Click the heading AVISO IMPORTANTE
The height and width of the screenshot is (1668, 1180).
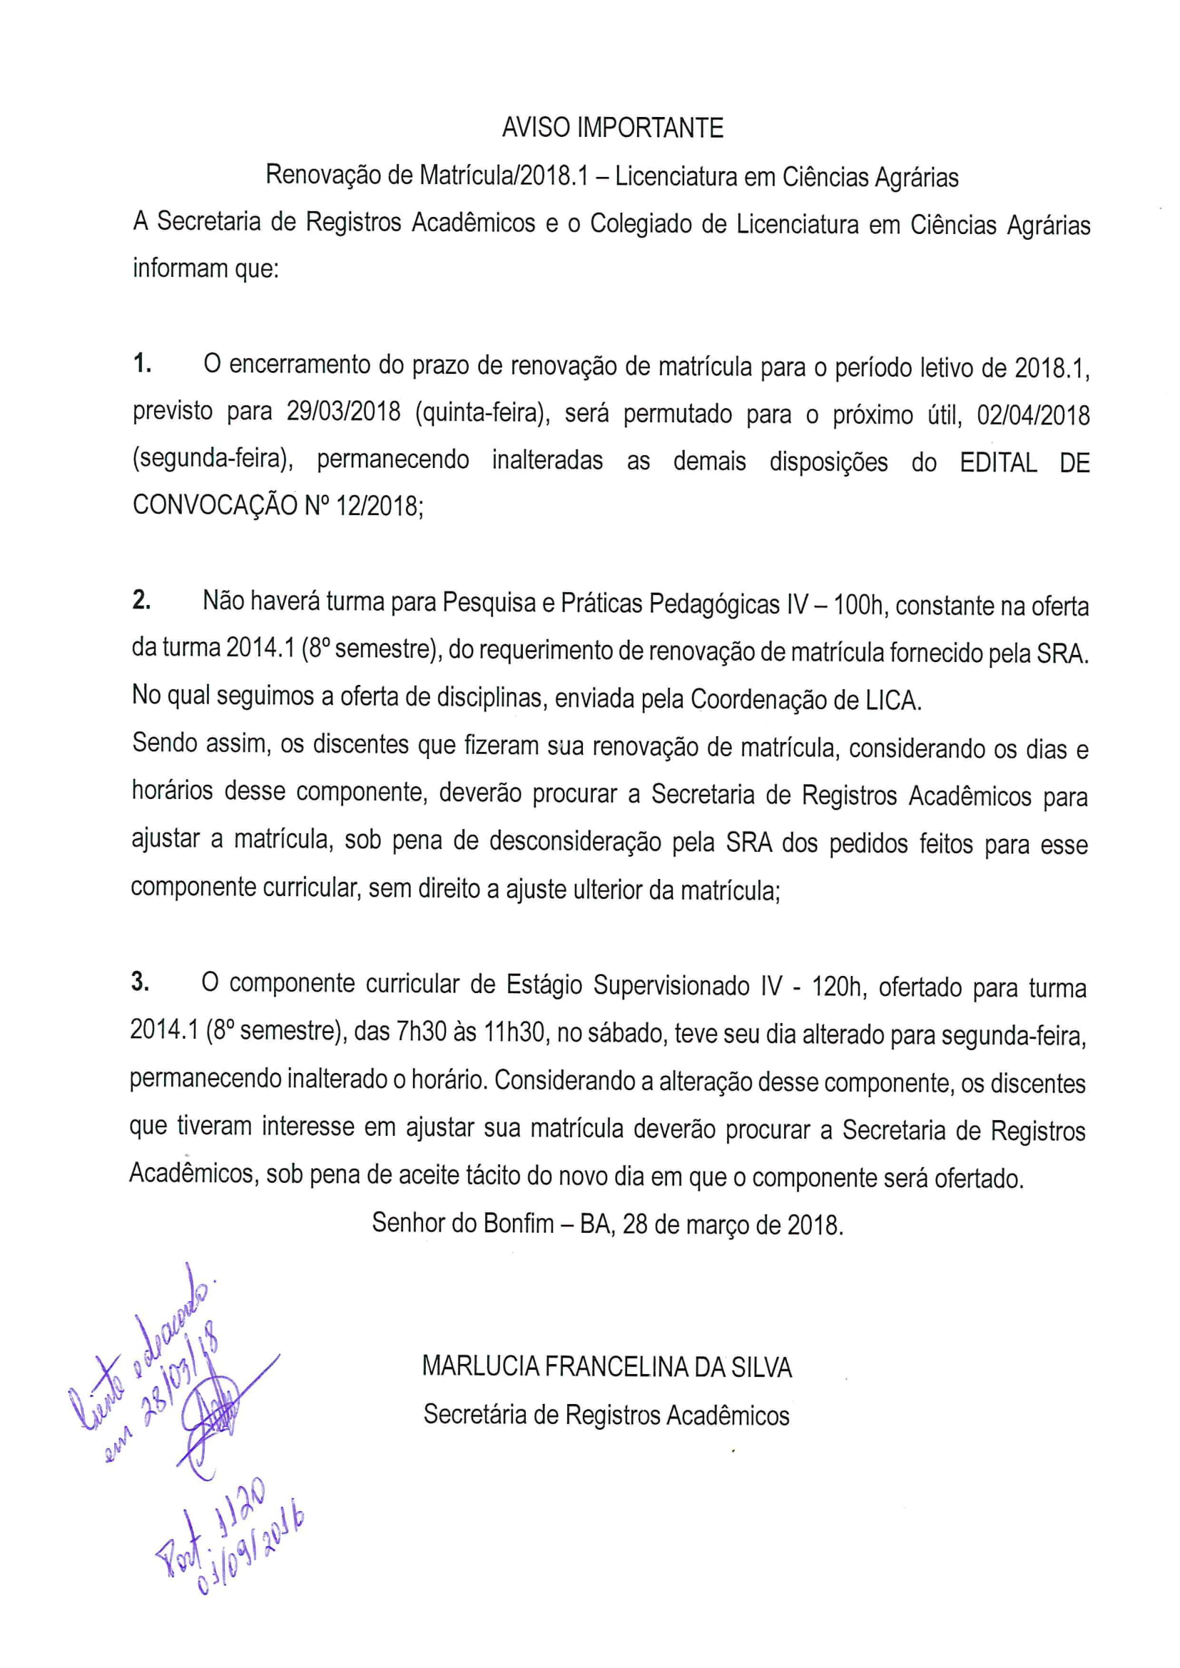click(613, 128)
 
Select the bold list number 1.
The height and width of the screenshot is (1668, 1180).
click(142, 364)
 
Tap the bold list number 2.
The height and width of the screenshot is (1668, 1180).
click(142, 601)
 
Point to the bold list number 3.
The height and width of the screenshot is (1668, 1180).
click(141, 982)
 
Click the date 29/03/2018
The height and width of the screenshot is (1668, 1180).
click(343, 412)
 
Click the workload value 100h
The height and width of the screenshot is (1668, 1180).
click(858, 605)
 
